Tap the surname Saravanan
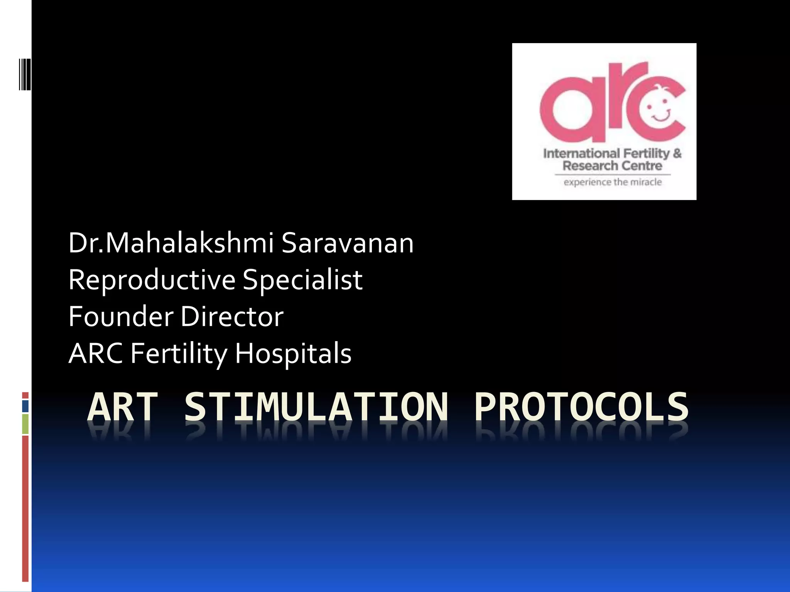(347, 243)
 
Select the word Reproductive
(152, 280)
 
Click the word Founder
(121, 316)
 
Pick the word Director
(232, 316)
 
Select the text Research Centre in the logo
(612, 166)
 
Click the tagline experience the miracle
(613, 182)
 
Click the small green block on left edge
(25, 424)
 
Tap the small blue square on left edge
(25, 406)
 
